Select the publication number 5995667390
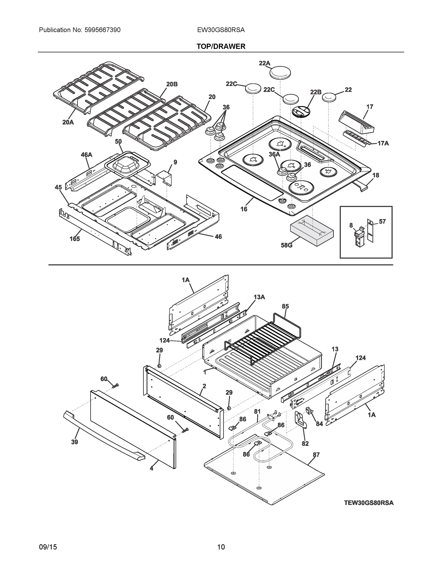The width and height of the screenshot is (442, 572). [x=102, y=30]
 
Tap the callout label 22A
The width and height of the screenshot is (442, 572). [x=264, y=63]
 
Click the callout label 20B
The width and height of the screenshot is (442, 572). [x=172, y=84]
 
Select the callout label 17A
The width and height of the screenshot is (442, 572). [x=383, y=143]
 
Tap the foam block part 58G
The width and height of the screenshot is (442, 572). [x=312, y=230]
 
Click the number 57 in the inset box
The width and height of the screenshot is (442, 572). [x=382, y=222]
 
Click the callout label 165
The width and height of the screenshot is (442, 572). [x=75, y=239]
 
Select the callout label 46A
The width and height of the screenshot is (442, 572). [x=86, y=155]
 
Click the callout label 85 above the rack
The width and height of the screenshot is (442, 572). [x=285, y=306]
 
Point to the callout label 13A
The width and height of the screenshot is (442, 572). [x=259, y=297]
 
